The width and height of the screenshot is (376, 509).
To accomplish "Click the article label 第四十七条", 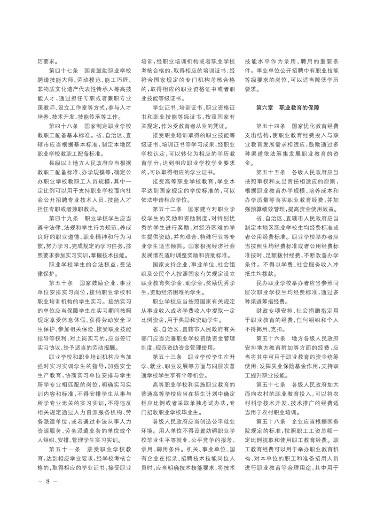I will (x=63, y=70).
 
